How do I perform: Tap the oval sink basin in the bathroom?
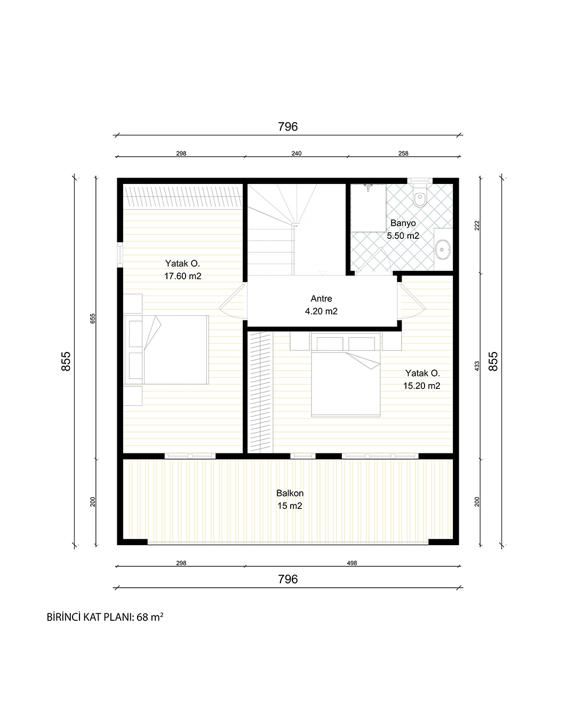point(443,249)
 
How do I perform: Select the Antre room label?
point(321,299)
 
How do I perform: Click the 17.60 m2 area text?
point(183,276)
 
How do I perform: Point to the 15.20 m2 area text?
point(422,386)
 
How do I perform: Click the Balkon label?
point(290,493)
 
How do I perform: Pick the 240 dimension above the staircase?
point(297,154)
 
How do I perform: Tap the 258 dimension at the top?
point(403,154)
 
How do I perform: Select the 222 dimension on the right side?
point(477,226)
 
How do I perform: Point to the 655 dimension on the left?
point(93,318)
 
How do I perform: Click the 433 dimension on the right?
point(477,366)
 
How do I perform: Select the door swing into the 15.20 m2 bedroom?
point(412,301)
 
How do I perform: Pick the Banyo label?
point(403,223)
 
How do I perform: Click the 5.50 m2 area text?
point(403,236)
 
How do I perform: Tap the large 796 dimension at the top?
point(288,126)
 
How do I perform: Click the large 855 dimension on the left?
point(66,362)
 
